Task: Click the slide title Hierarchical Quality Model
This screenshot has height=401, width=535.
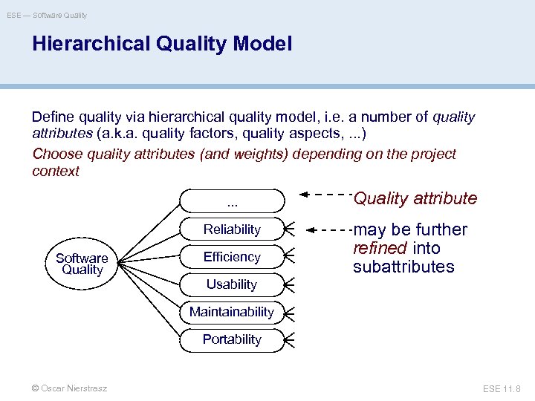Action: (162, 44)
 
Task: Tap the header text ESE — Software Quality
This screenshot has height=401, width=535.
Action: (47, 15)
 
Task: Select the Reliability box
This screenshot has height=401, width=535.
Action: (232, 229)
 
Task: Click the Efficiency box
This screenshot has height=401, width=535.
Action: (232, 257)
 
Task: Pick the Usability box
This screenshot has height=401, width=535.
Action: (232, 284)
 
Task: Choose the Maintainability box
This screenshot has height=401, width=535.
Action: (232, 312)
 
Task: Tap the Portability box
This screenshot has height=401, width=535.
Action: (232, 339)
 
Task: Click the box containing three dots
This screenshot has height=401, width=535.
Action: (232, 200)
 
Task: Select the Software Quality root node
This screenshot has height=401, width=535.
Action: (82, 264)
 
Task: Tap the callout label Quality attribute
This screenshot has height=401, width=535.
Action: (415, 198)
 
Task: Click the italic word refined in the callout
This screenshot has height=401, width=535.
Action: (378, 248)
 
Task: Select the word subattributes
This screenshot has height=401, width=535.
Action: (403, 267)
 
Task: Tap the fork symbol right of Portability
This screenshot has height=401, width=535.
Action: (291, 339)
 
